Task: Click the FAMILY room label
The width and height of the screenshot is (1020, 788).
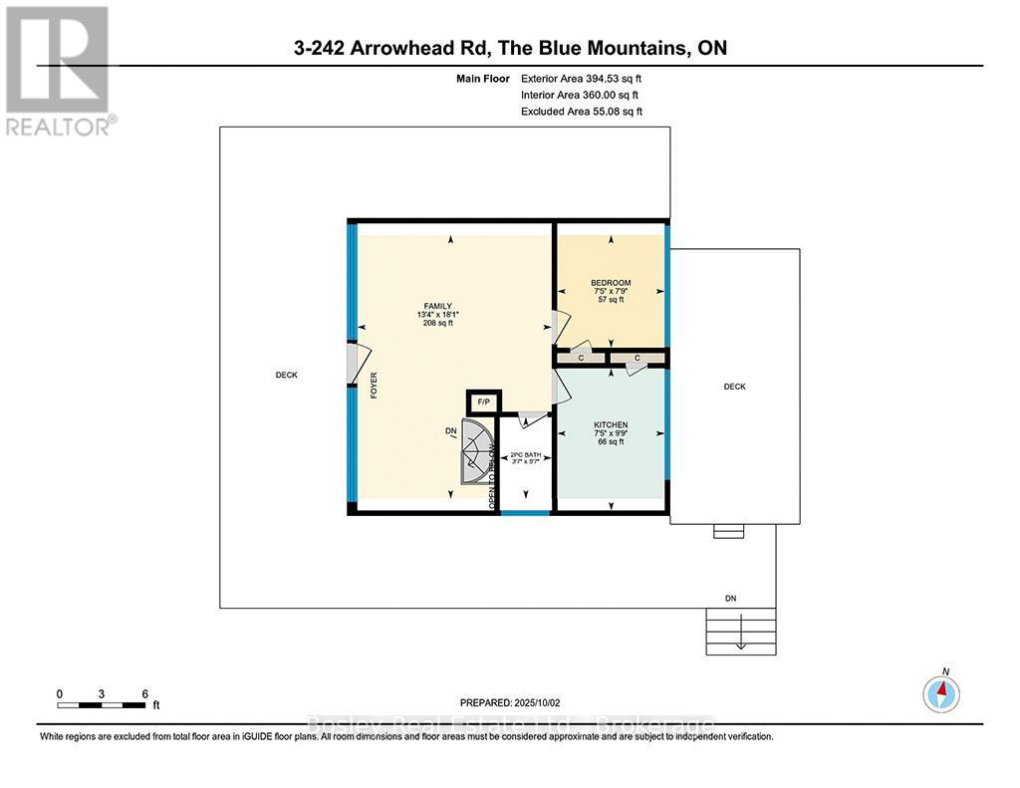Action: tap(438, 306)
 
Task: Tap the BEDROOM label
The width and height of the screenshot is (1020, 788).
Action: tap(611, 282)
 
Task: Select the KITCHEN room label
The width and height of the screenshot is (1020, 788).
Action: tap(611, 424)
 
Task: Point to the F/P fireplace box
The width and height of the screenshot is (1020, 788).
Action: tap(484, 401)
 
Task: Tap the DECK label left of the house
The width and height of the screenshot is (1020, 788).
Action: tap(287, 376)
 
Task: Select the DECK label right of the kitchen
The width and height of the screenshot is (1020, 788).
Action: tap(734, 387)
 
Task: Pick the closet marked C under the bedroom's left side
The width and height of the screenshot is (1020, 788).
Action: tap(581, 357)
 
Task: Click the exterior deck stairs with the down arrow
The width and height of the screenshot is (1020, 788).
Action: tap(740, 631)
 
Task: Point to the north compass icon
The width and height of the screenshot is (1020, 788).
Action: tap(942, 691)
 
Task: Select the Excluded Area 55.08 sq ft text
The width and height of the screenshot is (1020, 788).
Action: tap(582, 112)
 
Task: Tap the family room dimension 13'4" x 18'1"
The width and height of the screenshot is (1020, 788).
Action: tap(438, 315)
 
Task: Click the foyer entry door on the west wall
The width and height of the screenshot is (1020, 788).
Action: tap(354, 363)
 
